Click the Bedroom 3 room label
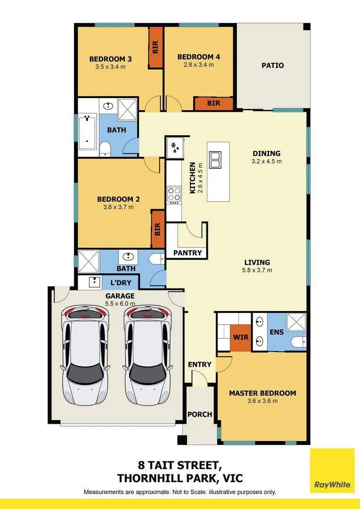click(110, 59)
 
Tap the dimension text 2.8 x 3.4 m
click(198, 65)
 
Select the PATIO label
click(273, 66)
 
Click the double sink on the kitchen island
click(216, 159)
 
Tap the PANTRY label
click(188, 253)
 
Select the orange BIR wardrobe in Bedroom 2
click(158, 229)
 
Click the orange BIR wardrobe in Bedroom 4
click(213, 103)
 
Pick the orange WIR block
click(240, 337)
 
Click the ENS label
click(277, 332)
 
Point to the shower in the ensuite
click(296, 322)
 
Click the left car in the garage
click(85, 353)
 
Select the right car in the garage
click(147, 353)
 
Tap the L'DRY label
click(120, 283)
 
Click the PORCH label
click(200, 414)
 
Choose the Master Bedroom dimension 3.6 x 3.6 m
click(262, 401)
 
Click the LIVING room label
click(257, 263)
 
